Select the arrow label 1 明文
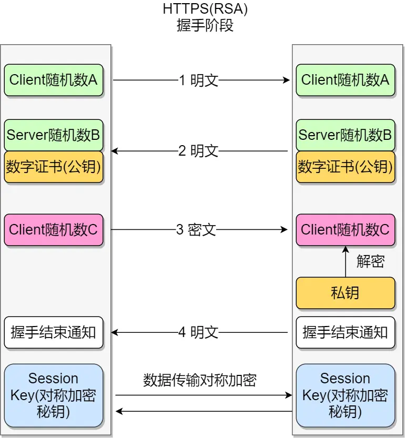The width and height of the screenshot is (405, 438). click(198, 80)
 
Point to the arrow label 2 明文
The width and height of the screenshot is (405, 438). click(198, 151)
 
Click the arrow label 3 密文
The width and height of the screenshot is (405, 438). click(196, 230)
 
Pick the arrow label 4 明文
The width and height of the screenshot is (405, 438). click(198, 332)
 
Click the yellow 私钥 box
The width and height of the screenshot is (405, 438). click(345, 293)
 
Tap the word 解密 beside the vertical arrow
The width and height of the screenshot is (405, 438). click(370, 261)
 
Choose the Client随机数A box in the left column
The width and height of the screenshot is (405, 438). click(54, 80)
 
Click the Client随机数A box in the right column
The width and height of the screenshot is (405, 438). click(345, 80)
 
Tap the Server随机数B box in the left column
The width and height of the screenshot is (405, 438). click(54, 135)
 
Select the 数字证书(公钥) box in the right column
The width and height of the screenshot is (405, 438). click(345, 167)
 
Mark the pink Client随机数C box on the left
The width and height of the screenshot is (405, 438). click(54, 230)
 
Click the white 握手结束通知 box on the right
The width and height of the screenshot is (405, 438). click(345, 332)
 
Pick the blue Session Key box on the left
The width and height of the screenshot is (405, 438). click(54, 395)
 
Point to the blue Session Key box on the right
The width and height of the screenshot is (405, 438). click(345, 395)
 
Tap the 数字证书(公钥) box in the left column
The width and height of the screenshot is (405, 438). click(54, 167)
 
